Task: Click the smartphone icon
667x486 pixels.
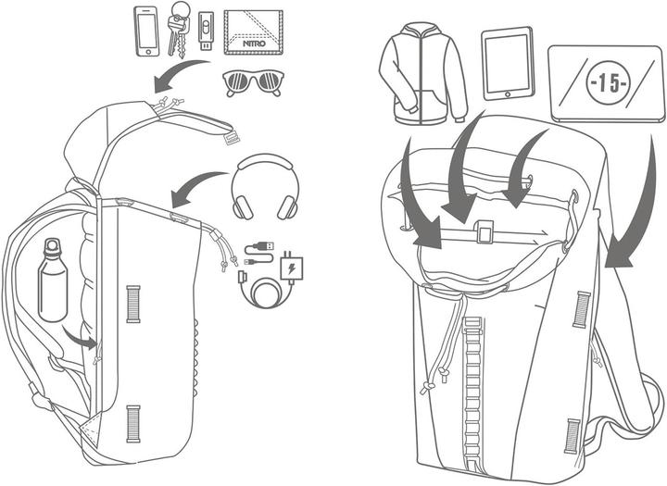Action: pyautogui.click(x=147, y=31)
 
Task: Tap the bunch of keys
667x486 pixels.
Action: pyautogui.click(x=177, y=29)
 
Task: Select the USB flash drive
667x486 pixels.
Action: pyautogui.click(x=206, y=30)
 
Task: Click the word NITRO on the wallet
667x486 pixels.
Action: pyautogui.click(x=254, y=44)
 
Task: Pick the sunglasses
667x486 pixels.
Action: pyautogui.click(x=253, y=81)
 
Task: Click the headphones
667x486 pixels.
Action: pyautogui.click(x=265, y=186)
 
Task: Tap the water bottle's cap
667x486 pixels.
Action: pyautogui.click(x=52, y=245)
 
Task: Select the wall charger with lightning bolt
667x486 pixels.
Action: pyautogui.click(x=292, y=268)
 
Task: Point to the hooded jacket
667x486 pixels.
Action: pyautogui.click(x=422, y=73)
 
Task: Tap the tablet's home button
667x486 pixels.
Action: pyautogui.click(x=508, y=94)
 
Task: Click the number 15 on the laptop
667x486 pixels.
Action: pyautogui.click(x=608, y=83)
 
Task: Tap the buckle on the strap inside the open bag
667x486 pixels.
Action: pyautogui.click(x=485, y=231)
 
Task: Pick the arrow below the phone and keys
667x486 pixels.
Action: pyautogui.click(x=181, y=73)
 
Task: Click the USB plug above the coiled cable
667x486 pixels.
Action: pyautogui.click(x=260, y=246)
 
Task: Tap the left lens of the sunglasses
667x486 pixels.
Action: pyautogui.click(x=236, y=81)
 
